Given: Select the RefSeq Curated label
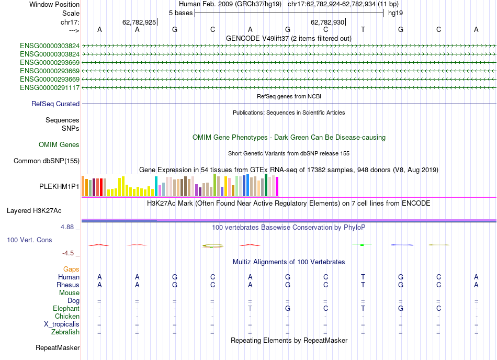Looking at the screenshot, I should (x=55, y=104).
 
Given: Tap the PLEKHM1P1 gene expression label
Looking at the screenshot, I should (x=59, y=186).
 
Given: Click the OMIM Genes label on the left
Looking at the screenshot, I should (x=59, y=144).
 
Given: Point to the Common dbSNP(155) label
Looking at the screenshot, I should (x=46, y=161).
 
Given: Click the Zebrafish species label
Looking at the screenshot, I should (x=65, y=332).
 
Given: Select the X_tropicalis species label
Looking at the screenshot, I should (x=62, y=324).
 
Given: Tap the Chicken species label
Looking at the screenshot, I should (x=67, y=317).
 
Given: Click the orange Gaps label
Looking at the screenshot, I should (x=71, y=269).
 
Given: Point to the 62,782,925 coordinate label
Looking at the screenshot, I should (x=139, y=22).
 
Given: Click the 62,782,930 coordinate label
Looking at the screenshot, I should (x=327, y=22).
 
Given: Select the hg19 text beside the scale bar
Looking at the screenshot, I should (x=395, y=13).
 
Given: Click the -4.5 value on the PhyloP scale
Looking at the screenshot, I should (x=68, y=253).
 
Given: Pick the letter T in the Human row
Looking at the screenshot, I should (x=363, y=277).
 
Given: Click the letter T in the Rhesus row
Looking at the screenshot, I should (x=363, y=285).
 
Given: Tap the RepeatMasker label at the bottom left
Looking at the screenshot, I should (x=58, y=347).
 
